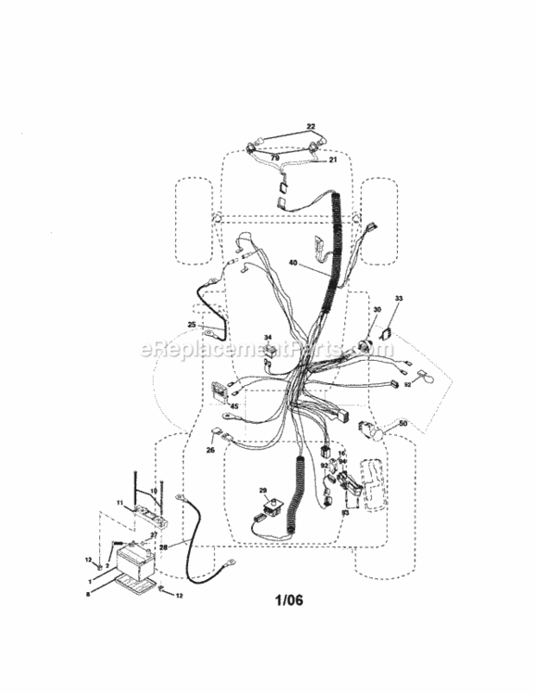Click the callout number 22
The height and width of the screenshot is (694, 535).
tap(285, 126)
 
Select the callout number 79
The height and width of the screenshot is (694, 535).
tap(275, 157)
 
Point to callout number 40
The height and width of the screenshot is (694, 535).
tap(292, 263)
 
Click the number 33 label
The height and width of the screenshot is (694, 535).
tap(400, 298)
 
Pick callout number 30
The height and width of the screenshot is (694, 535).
tap(377, 309)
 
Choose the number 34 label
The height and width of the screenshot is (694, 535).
tap(268, 338)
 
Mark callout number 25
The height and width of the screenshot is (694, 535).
tap(192, 325)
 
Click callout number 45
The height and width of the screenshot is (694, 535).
tap(235, 404)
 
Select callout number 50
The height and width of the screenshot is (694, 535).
tap(402, 423)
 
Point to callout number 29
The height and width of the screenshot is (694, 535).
tap(263, 490)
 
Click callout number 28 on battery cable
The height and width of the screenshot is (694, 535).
tap(164, 548)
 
